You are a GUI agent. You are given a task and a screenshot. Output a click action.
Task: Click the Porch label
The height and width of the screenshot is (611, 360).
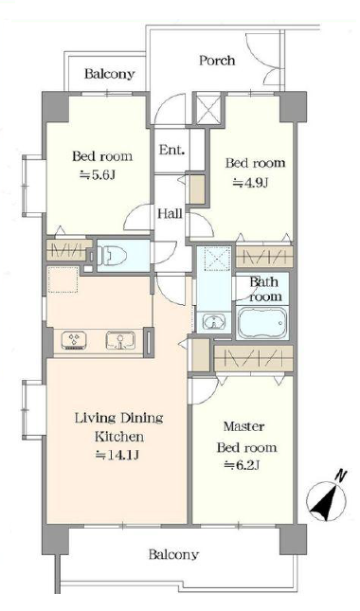(x=217, y=61)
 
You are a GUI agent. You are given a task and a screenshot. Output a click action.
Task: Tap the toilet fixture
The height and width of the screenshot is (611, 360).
(x=111, y=255)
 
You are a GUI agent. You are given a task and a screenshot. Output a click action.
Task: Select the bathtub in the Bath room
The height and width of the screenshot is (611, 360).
(x=262, y=323)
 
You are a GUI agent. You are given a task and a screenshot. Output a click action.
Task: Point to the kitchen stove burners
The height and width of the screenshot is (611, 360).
(x=74, y=340)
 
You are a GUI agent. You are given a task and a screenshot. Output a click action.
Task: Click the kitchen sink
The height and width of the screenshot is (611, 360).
(x=120, y=340)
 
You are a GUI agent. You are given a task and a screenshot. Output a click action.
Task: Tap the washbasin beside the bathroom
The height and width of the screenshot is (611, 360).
(x=213, y=322)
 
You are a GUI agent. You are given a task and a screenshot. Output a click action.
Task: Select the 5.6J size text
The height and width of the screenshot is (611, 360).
(x=98, y=176)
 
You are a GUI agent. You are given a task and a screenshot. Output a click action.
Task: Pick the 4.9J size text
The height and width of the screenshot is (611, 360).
(x=250, y=182)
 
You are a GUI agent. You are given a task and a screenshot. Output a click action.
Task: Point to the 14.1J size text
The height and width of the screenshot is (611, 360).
(x=117, y=455)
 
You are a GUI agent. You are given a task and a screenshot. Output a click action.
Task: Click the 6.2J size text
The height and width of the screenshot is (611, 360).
(x=242, y=465)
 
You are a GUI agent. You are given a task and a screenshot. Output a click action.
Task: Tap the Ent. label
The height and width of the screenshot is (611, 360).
(x=171, y=150)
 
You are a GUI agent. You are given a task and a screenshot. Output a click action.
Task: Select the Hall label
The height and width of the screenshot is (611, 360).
(x=170, y=213)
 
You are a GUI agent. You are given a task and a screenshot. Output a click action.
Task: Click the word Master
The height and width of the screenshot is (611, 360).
(x=243, y=426)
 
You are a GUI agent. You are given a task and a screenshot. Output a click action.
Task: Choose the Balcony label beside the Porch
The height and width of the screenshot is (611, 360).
(x=110, y=74)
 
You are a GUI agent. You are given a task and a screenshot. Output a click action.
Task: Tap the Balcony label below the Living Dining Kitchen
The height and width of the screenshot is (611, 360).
(x=173, y=554)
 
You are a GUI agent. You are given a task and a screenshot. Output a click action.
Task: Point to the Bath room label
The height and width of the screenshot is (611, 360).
(x=265, y=289)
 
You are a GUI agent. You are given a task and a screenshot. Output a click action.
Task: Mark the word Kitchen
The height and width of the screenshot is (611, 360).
(x=119, y=437)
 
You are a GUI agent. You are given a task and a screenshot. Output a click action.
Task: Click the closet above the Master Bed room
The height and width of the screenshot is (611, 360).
(x=253, y=358)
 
